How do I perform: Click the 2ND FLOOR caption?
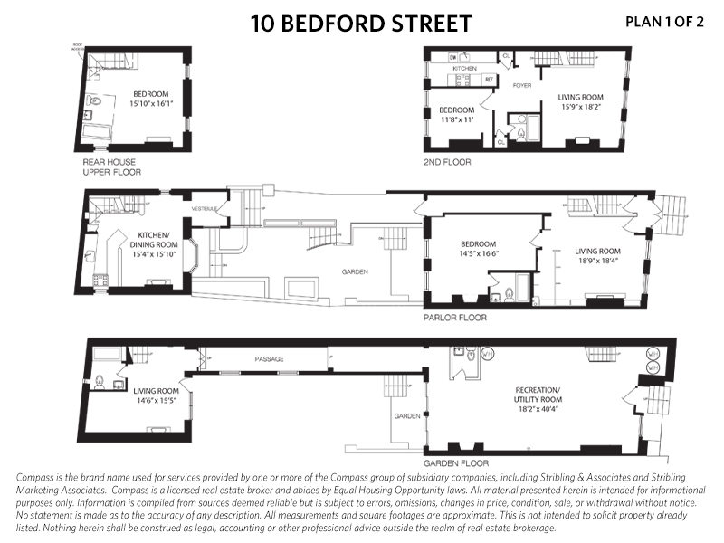(447, 162)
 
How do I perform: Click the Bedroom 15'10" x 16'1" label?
(152, 99)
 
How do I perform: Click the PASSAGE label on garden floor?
(269, 359)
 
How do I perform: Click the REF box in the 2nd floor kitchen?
(489, 80)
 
